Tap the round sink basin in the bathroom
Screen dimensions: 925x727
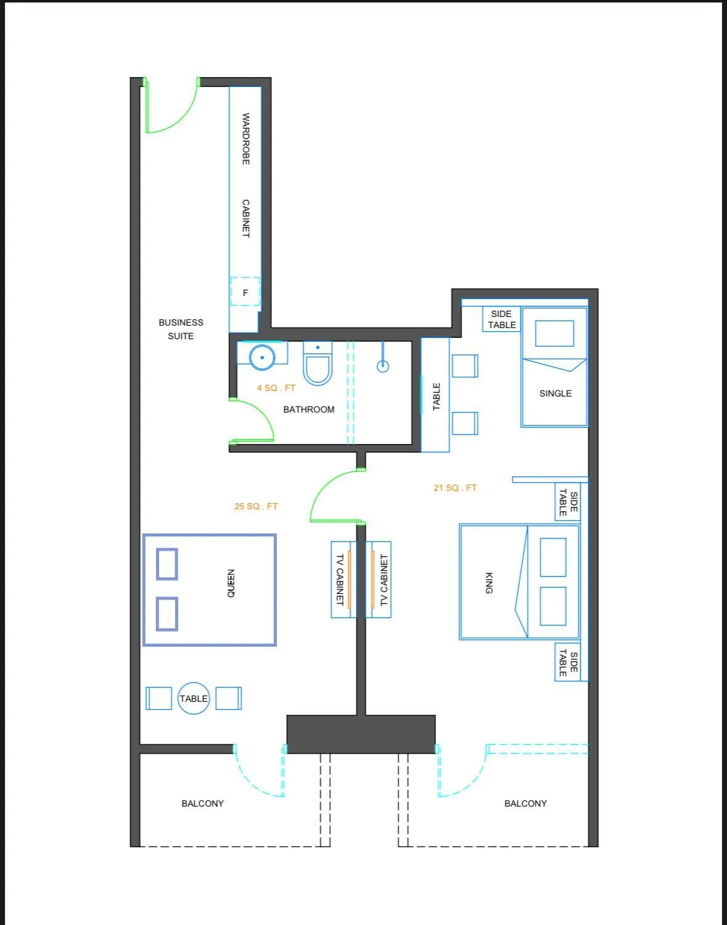[263, 356]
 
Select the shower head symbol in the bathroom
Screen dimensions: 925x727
[383, 366]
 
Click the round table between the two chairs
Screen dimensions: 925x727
[194, 698]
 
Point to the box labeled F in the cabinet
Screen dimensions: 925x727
[245, 292]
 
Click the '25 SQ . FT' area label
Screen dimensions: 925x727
[256, 506]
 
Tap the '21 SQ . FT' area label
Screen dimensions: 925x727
[455, 488]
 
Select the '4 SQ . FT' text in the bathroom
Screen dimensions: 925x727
[276, 388]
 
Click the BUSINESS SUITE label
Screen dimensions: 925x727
[181, 329]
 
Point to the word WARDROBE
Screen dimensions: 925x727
[245, 138]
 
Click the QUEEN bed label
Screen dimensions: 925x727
[231, 583]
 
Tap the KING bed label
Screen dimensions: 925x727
[489, 583]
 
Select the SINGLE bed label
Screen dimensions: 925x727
[555, 393]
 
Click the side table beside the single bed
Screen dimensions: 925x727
[502, 319]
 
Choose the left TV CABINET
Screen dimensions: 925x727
[340, 580]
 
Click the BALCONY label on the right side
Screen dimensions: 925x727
[525, 804]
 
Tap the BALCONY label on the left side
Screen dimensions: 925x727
[202, 804]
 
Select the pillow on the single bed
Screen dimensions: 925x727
[554, 334]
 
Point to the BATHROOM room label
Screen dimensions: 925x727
[308, 409]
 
